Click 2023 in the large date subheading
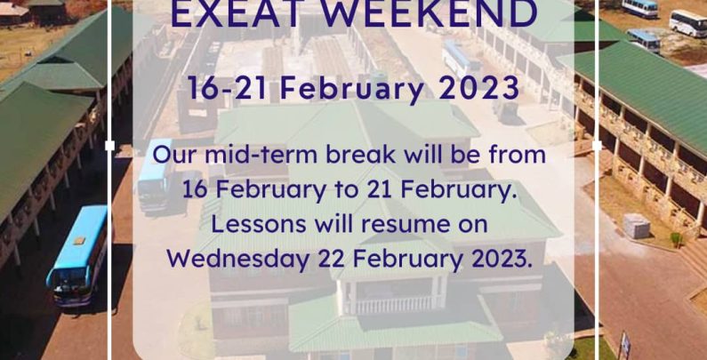478,87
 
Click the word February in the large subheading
352,88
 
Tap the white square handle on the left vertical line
109,146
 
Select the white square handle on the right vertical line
597,146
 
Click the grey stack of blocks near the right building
637,226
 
